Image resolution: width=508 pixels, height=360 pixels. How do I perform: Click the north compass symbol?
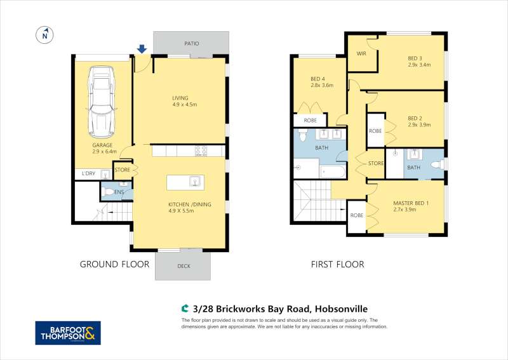pyautogui.click(x=44, y=35)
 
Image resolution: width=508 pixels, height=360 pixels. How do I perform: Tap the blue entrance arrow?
pyautogui.click(x=142, y=49)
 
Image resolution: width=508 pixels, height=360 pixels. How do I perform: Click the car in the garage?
pyautogui.click(x=102, y=102)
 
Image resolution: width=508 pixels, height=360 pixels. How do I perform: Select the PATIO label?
pyautogui.click(x=192, y=43)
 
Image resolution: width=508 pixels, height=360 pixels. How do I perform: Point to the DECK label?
pyautogui.click(x=184, y=266)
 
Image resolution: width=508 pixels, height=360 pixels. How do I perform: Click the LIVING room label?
pyautogui.click(x=180, y=98)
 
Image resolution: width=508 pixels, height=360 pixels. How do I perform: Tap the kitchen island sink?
pyautogui.click(x=195, y=182)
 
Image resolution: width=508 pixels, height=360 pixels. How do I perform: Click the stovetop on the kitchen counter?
pyautogui.click(x=201, y=150)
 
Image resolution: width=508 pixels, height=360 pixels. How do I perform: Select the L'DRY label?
pyautogui.click(x=88, y=173)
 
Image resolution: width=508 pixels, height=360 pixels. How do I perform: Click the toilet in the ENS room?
pyautogui.click(x=108, y=192)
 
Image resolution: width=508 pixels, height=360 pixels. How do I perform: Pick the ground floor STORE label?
pyautogui.click(x=122, y=170)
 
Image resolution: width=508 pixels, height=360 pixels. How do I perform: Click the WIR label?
pyautogui.click(x=361, y=53)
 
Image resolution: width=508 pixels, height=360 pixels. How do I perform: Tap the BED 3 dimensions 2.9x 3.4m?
pyautogui.click(x=419, y=65)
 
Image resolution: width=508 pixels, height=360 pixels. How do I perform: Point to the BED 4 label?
pyautogui.click(x=317, y=79)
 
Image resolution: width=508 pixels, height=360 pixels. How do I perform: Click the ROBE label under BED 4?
pyautogui.click(x=310, y=120)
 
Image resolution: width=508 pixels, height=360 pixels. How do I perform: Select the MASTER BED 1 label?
pyautogui.click(x=411, y=203)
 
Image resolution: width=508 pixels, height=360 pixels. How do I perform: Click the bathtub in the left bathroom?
pyautogui.click(x=333, y=171)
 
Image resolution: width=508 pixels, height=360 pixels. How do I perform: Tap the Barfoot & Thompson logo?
pyautogui.click(x=68, y=333)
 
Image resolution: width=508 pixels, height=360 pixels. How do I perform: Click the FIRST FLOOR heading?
pyautogui.click(x=338, y=264)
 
